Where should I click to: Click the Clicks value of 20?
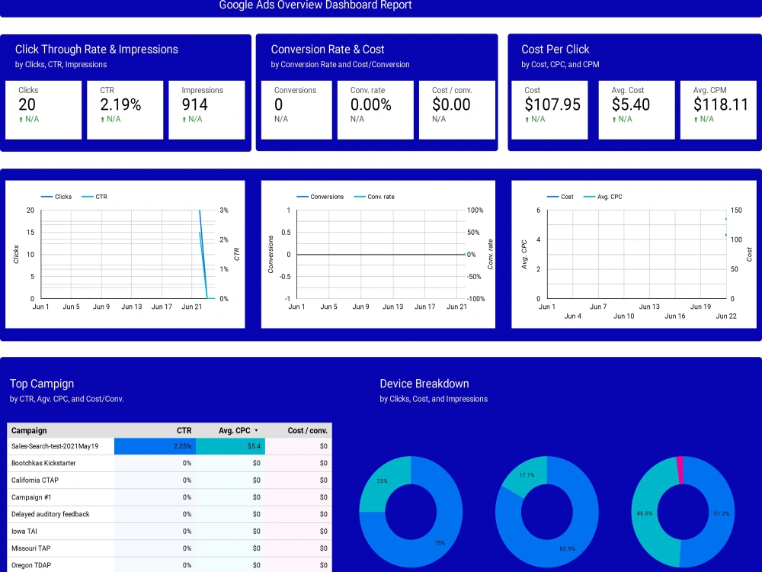point(27,104)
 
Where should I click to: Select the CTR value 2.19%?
point(120,104)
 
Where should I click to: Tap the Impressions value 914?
point(195,104)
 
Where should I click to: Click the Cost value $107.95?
point(552,104)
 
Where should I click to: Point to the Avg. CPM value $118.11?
point(721,104)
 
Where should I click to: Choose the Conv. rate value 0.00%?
point(371,104)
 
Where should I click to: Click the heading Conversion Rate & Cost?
point(328,49)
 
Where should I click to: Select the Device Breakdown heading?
point(424,384)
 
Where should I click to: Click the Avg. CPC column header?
point(235,430)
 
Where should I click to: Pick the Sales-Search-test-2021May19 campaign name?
point(55,446)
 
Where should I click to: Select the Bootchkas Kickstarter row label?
point(43,463)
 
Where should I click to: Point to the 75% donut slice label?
point(439,543)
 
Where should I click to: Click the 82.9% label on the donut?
point(568,548)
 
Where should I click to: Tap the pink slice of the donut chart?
point(680,470)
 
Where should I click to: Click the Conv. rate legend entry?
point(380,197)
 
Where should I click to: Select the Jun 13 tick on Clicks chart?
point(131,307)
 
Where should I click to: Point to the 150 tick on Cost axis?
point(736,210)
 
